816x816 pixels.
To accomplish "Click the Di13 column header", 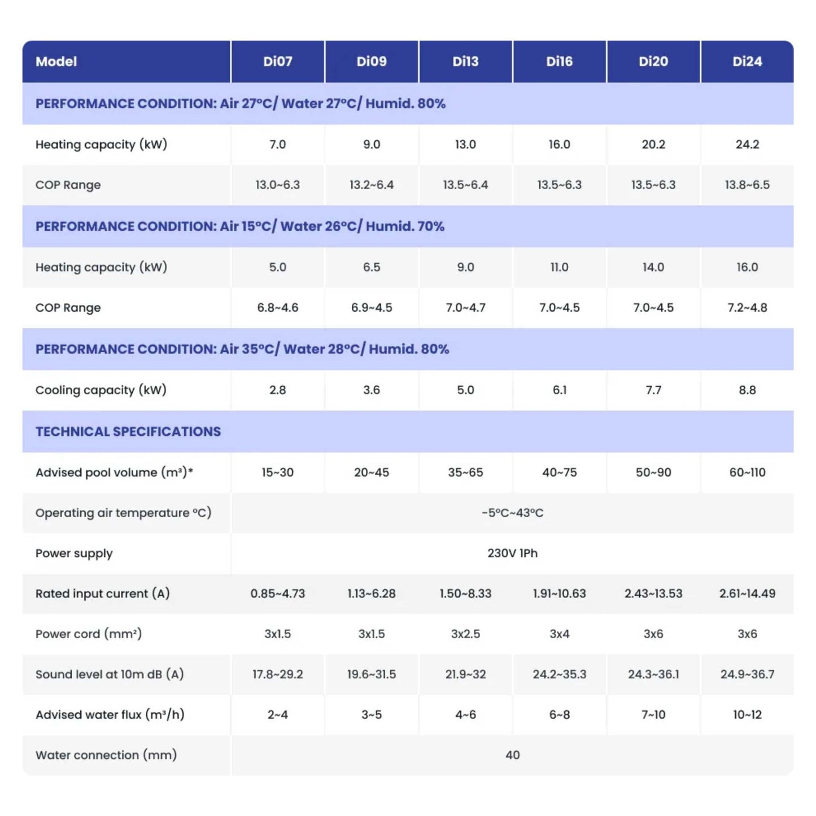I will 465,62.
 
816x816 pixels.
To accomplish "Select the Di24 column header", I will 747,62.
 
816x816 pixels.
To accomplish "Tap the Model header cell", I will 56,62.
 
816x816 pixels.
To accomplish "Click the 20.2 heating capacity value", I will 653,145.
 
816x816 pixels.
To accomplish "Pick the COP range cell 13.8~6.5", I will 747,185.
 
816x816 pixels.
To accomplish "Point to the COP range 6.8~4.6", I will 277,308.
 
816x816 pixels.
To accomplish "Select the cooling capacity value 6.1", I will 559,390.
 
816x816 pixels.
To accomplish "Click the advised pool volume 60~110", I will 747,473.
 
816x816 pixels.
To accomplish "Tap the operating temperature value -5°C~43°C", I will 512,513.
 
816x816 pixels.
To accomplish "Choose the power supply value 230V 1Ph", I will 512,553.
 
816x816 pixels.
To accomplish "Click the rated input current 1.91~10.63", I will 559,594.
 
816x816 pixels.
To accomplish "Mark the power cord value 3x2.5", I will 465,634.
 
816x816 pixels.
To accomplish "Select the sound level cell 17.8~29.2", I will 277,675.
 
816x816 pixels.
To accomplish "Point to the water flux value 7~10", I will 653,715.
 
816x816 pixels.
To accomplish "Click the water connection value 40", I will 512,756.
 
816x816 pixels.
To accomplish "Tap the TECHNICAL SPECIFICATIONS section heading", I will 128,432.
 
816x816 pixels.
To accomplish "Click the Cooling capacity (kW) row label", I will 101,390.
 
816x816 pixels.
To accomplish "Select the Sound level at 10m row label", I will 110,675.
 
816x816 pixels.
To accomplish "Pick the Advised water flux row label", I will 110,715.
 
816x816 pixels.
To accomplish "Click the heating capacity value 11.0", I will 559,268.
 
